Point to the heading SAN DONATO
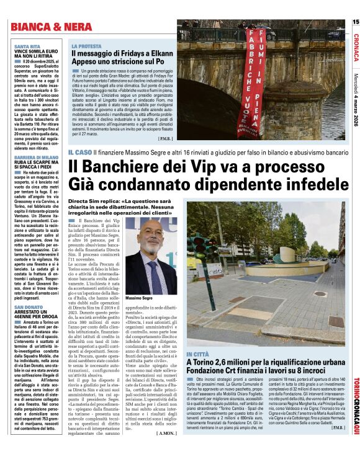[x=29, y=308]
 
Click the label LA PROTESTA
[x=86, y=47]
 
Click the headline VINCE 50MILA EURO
[x=38, y=52]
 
